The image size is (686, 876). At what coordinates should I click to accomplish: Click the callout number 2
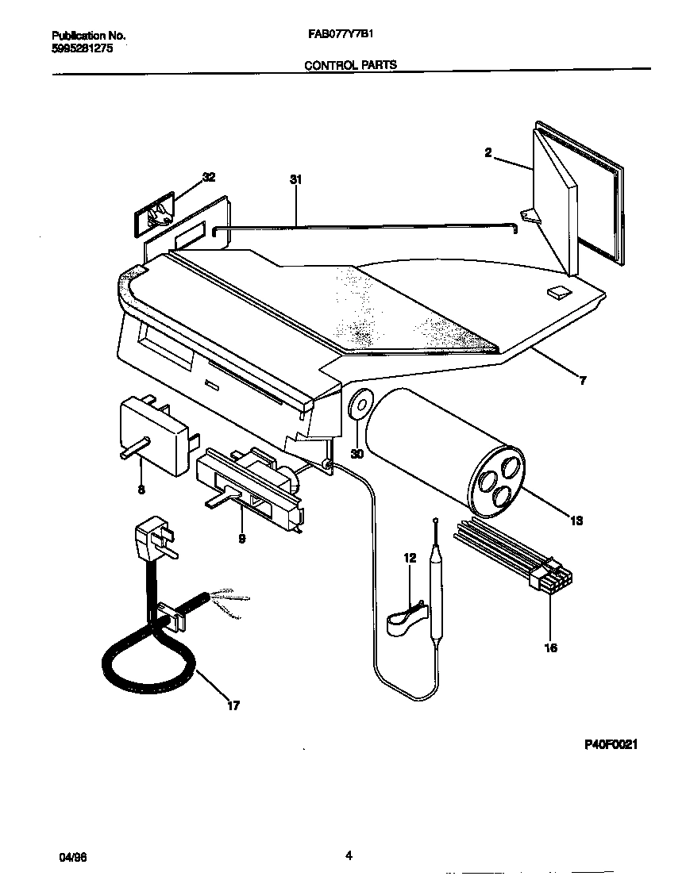pyautogui.click(x=488, y=153)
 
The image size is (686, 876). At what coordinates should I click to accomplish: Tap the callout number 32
pyautogui.click(x=208, y=177)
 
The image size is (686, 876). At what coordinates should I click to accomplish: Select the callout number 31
pyautogui.click(x=296, y=180)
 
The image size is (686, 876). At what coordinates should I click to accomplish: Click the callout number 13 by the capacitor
pyautogui.click(x=576, y=521)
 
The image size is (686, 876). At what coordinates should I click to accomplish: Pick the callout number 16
pyautogui.click(x=550, y=647)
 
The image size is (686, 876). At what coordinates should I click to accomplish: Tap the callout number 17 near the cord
pyautogui.click(x=233, y=705)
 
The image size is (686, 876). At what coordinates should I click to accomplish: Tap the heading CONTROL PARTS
pyautogui.click(x=350, y=65)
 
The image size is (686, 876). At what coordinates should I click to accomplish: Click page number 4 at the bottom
pyautogui.click(x=349, y=855)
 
